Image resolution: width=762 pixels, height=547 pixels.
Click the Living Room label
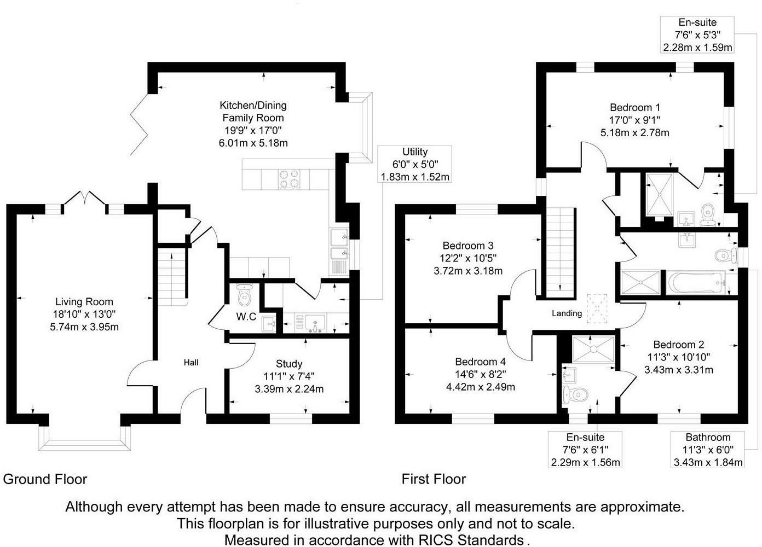pos(84,302)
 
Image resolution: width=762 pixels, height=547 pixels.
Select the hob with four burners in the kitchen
pos(290,179)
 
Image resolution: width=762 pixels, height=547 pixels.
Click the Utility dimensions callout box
pos(415,164)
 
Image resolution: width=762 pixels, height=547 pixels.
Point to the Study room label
pos(289,364)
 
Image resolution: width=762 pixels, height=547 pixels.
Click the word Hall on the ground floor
pos(191,363)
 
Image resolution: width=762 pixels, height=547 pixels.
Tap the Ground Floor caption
pos(45,480)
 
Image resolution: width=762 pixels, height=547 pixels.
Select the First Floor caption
pos(434,480)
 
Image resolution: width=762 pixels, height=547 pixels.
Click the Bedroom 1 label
pos(631,107)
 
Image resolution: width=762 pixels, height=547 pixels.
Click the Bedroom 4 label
pos(480,362)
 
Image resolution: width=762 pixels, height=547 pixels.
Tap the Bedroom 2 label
pos(679,345)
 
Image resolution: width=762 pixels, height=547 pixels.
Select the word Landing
pos(567,313)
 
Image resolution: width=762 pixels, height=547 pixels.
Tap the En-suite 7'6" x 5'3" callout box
pos(697,35)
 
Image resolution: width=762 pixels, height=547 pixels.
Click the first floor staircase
pos(559,252)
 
